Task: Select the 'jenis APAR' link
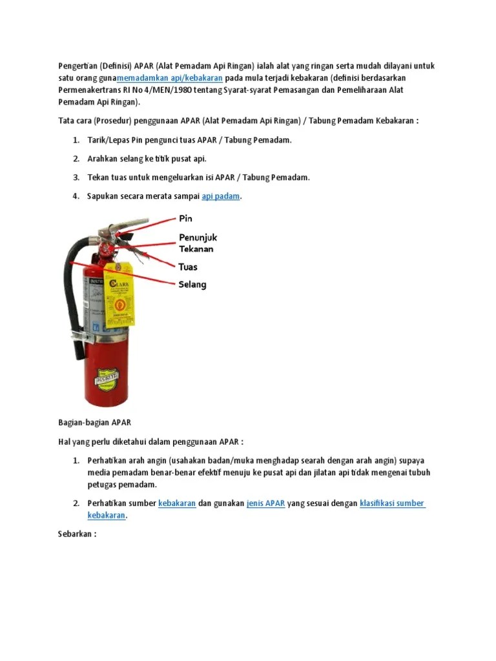tap(265, 503)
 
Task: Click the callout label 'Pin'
tap(185, 219)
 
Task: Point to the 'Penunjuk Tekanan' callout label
tap(198, 243)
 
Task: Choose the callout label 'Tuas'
tap(188, 267)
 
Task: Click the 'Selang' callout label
tap(192, 285)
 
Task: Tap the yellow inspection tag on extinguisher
tap(120, 294)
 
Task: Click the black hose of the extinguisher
tap(72, 290)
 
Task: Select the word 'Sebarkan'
tap(73, 534)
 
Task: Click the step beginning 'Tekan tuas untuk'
tap(198, 178)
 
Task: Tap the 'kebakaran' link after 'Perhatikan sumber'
tap(177, 503)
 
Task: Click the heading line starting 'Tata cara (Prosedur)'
tap(238, 121)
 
